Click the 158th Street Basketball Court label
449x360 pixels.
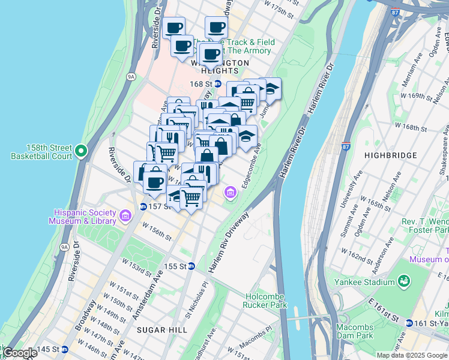[x=41, y=152]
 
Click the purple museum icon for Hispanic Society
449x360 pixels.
[x=125, y=215]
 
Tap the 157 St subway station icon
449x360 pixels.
[x=143, y=206]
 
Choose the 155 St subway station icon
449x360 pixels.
[x=191, y=266]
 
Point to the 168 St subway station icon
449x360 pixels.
[x=218, y=85]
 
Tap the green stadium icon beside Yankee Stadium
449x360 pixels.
[x=405, y=281]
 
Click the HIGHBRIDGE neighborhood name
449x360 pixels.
[x=390, y=155]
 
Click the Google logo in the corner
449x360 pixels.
[x=20, y=353]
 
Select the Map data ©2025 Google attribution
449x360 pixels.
[x=412, y=355]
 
